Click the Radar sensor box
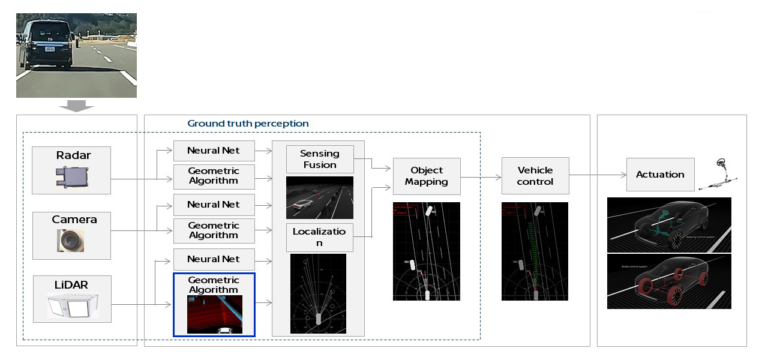(x=71, y=170)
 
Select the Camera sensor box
(x=71, y=235)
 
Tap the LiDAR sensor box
(x=72, y=299)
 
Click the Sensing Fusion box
(x=319, y=160)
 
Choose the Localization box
(x=319, y=237)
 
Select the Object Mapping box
(x=427, y=176)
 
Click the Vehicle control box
(x=535, y=176)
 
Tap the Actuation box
(x=660, y=175)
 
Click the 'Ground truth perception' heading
(x=248, y=124)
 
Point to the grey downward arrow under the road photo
(x=76, y=106)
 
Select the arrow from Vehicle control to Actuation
(x=598, y=175)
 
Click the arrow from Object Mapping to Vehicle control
(x=481, y=177)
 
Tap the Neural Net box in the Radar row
(x=214, y=151)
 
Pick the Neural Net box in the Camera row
(x=214, y=205)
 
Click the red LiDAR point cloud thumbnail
(x=214, y=314)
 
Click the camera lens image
(x=71, y=241)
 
